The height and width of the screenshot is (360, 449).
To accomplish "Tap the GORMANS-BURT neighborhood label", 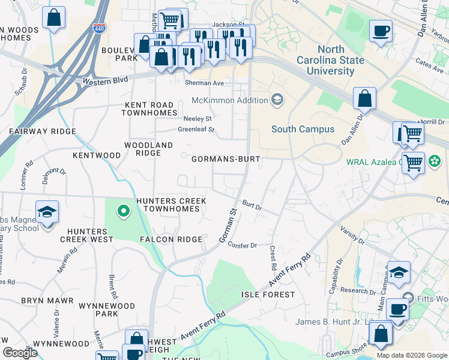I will coord(225,160).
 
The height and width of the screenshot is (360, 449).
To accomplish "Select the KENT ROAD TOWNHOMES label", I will coord(151,109).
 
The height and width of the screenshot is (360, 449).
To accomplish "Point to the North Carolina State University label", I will coord(331,61).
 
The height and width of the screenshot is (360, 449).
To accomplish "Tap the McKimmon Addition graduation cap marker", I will coord(277,99).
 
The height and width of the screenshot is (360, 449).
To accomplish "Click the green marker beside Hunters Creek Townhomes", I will coord(123,211).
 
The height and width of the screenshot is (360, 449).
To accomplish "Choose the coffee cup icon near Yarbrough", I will coord(381,30).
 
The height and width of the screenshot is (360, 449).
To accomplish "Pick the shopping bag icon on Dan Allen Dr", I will coord(364,97).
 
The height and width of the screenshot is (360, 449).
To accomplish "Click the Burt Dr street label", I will coord(252,206).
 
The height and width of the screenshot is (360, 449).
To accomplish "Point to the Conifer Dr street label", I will coord(243,245).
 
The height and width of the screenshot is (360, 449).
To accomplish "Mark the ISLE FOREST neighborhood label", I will coord(268,295).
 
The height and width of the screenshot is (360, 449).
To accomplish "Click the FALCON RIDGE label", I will coord(171,239).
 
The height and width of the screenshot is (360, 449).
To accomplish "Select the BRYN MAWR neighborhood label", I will coord(47,300).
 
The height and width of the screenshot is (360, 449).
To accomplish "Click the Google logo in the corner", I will coord(20,353).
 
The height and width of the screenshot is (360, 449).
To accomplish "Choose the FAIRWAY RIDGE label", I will coord(42,131).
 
